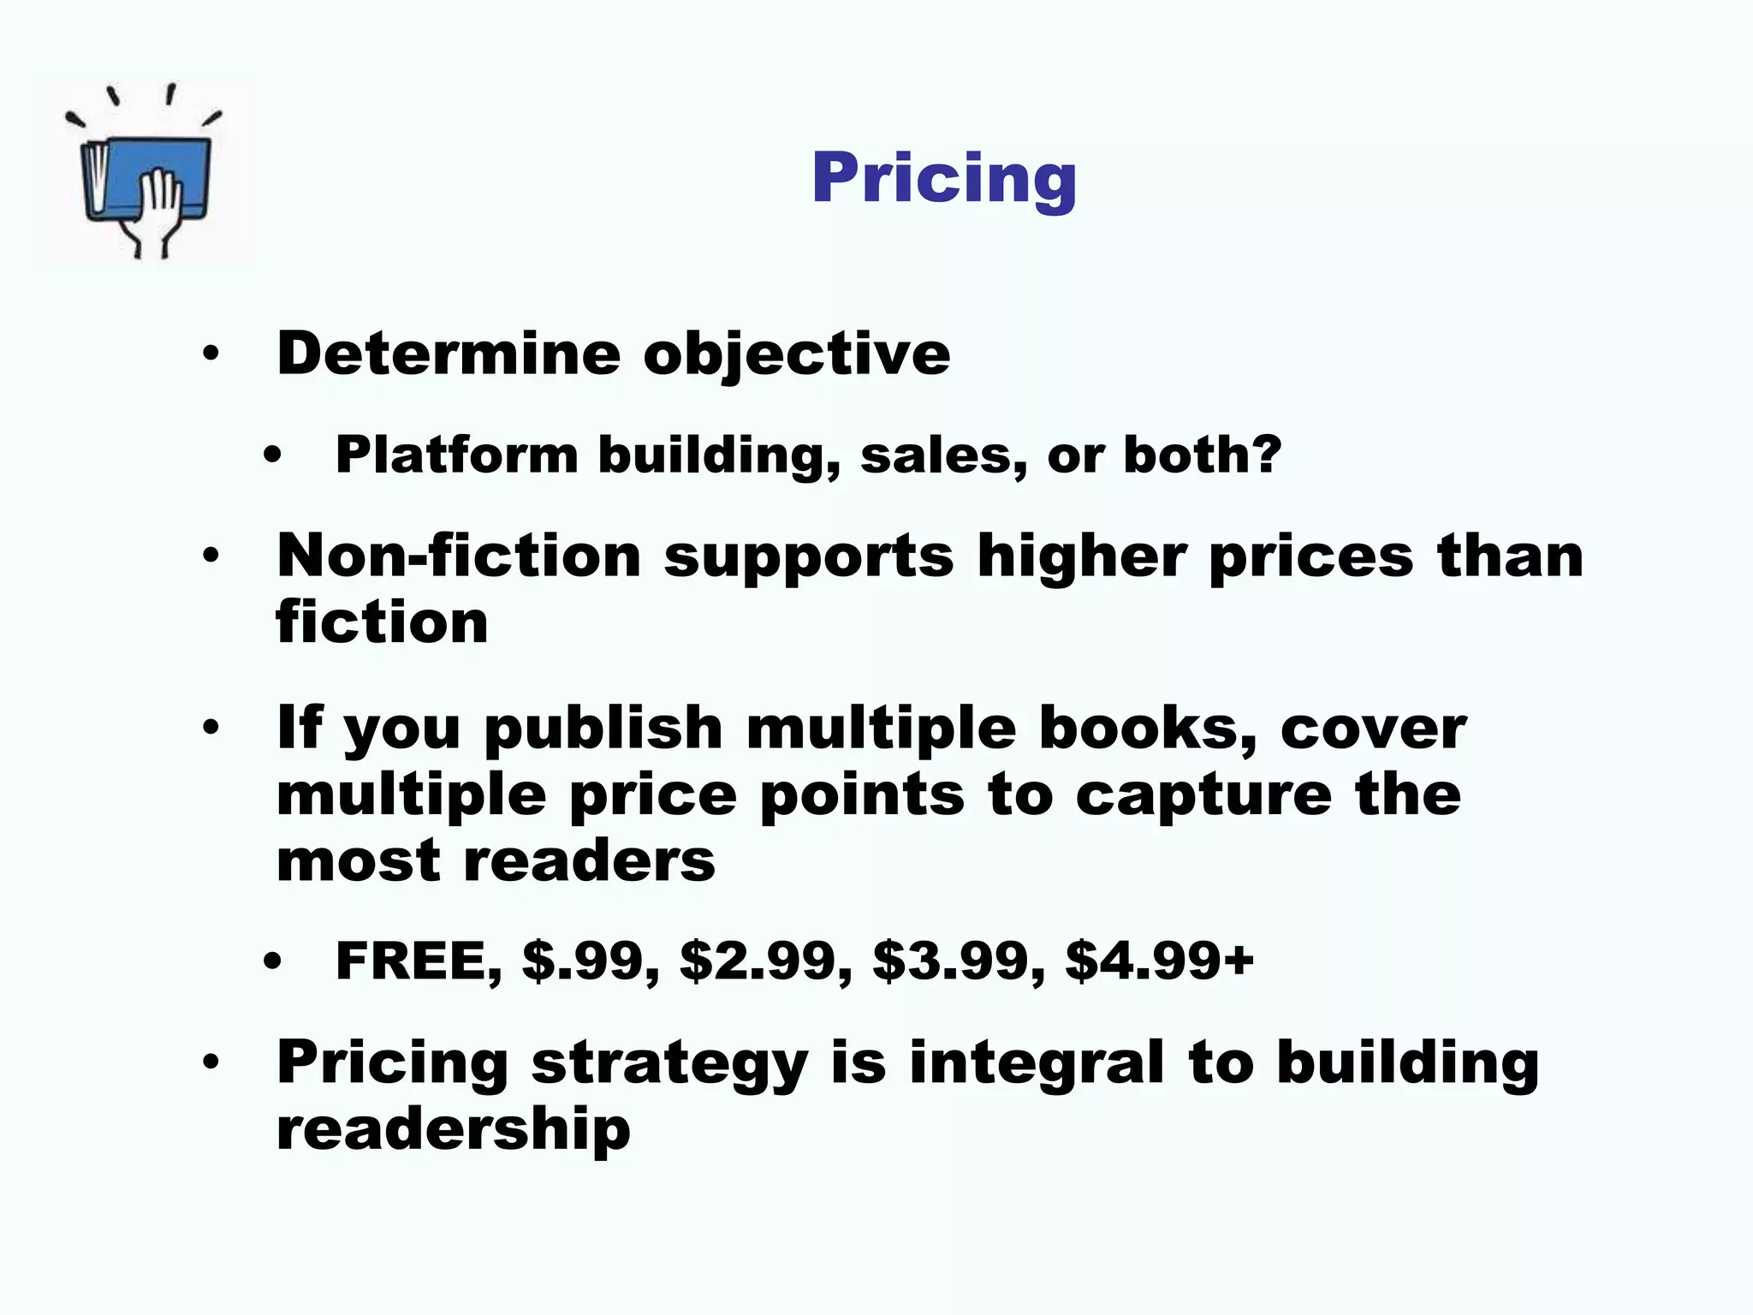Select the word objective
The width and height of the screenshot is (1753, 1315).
pyautogui.click(x=796, y=354)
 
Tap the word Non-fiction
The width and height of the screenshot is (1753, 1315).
pyautogui.click(x=459, y=556)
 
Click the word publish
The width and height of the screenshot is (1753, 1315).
pyautogui.click(x=604, y=729)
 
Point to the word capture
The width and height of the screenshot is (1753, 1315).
pyautogui.click(x=1203, y=796)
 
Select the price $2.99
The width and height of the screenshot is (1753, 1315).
pyautogui.click(x=765, y=961)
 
